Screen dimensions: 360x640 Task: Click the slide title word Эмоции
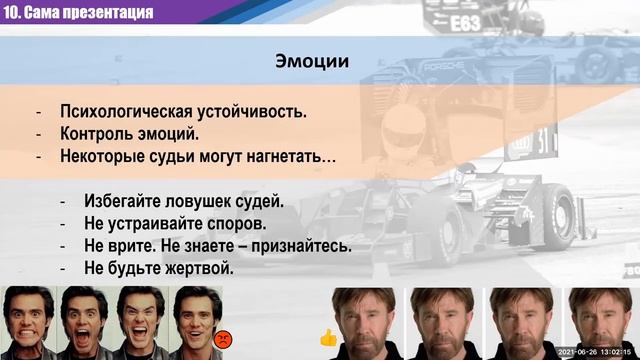pos(312,61)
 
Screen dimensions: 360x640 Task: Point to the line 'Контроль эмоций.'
pos(129,134)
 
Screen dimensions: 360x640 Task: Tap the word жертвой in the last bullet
pos(199,268)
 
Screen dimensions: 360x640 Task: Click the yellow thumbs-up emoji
pos(327,338)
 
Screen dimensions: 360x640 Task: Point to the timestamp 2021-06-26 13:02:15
pos(595,352)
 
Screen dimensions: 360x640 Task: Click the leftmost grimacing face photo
pos(27,323)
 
